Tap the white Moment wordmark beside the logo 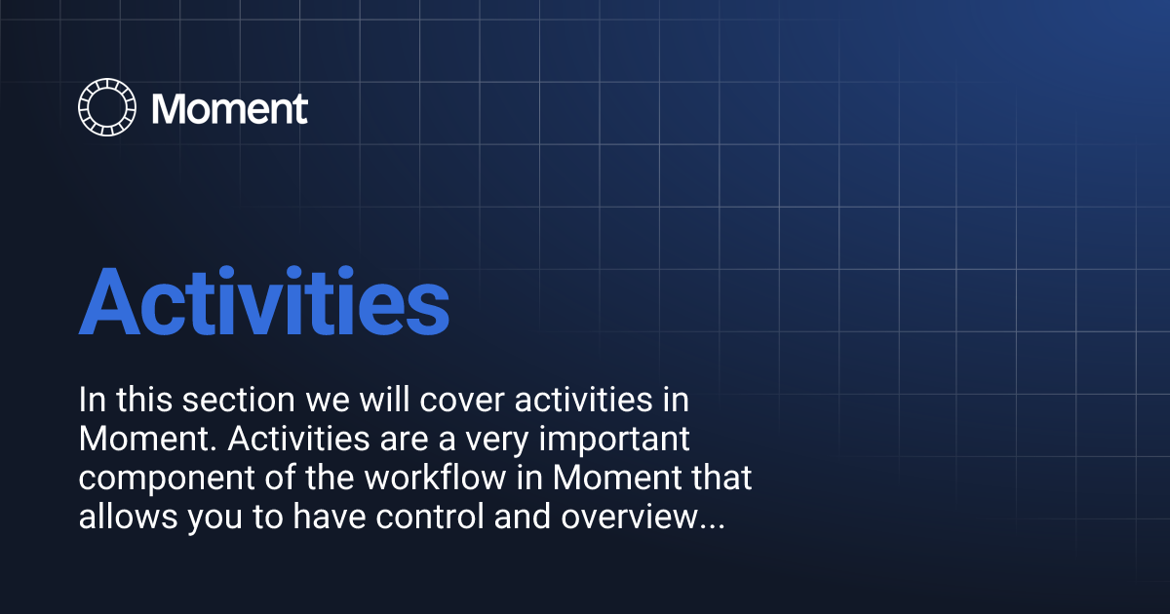point(230,108)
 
